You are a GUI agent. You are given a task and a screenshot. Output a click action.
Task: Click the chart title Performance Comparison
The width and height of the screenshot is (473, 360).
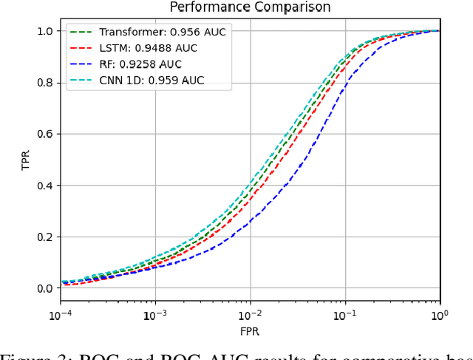(250, 7)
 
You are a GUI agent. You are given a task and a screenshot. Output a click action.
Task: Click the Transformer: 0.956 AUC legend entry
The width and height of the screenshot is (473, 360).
(149, 32)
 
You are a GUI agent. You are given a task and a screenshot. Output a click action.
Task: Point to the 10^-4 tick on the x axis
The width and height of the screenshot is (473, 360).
(60, 313)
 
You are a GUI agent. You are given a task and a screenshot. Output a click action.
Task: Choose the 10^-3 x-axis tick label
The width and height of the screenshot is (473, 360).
(154, 313)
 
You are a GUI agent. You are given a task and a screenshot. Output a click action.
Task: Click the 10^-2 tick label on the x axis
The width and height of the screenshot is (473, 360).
(250, 313)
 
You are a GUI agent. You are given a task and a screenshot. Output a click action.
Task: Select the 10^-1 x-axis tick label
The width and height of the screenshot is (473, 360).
(345, 313)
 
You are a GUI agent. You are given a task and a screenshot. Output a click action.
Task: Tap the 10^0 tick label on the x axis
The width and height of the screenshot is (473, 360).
(440, 313)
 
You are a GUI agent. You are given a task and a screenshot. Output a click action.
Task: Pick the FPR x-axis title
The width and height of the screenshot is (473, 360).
(250, 330)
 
